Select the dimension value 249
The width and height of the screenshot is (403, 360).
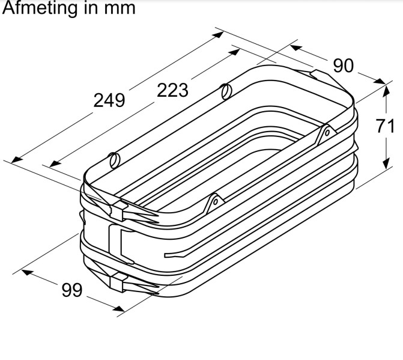[109, 100]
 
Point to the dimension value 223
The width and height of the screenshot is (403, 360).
[173, 90]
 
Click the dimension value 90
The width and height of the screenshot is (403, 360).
[343, 65]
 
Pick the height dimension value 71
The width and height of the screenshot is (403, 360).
[385, 127]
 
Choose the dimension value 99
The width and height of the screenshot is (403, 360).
[71, 290]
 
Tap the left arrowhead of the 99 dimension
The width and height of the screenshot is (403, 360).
[26, 272]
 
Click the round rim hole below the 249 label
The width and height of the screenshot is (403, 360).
[114, 160]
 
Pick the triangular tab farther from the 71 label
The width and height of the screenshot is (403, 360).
[213, 203]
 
